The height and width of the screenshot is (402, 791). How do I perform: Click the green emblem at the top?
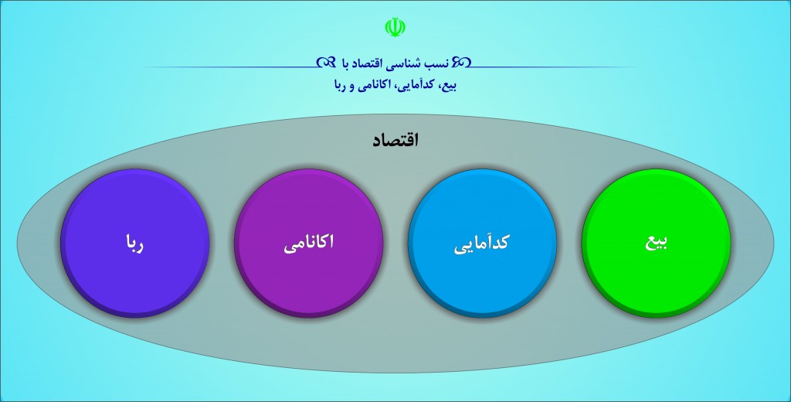[395, 27]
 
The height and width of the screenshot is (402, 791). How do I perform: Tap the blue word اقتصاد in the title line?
[376, 62]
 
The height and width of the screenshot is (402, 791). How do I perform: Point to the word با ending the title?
[347, 62]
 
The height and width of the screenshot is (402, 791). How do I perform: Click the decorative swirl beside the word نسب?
[461, 62]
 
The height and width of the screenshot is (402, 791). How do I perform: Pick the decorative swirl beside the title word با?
[326, 62]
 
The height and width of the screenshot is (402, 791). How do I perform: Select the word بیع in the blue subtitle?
[449, 85]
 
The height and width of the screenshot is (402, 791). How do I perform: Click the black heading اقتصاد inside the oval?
[395, 140]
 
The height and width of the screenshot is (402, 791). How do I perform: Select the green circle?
[656, 243]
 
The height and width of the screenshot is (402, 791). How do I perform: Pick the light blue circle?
[482, 243]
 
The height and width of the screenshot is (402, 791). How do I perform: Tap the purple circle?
[308, 243]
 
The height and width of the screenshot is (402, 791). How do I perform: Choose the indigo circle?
[134, 243]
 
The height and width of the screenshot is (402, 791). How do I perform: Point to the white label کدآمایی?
[482, 244]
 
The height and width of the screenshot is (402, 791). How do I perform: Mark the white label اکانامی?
[308, 244]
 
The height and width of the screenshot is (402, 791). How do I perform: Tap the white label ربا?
[134, 243]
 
